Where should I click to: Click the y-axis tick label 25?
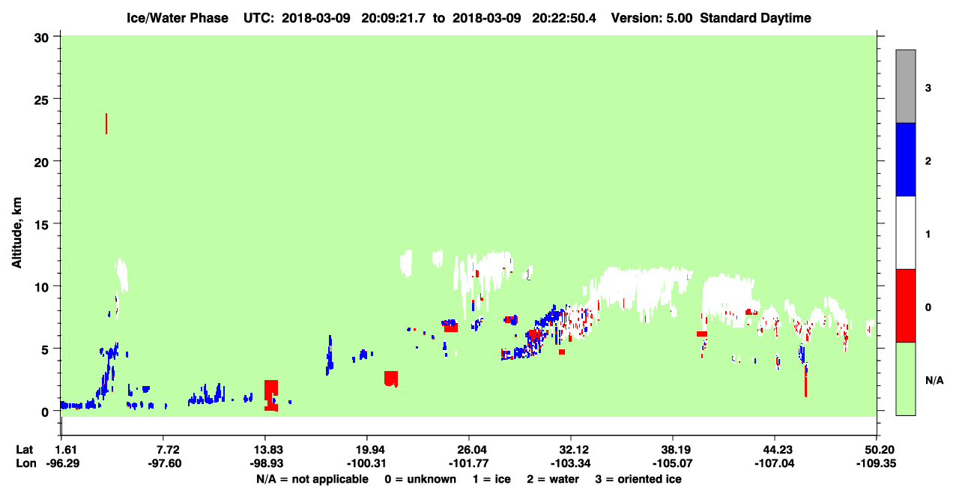click(41, 100)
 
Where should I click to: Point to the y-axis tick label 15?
click(41, 225)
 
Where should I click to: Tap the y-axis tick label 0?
click(45, 412)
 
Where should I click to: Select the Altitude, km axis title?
click(16, 233)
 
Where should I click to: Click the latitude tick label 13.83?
click(268, 450)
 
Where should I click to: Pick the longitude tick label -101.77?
click(469, 463)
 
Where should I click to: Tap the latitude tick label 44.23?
click(775, 450)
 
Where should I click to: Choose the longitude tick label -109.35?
click(876, 463)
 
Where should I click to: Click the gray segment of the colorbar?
click(905, 86)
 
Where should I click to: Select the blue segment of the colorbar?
click(905, 159)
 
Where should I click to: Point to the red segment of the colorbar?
click(905, 306)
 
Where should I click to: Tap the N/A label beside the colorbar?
click(934, 381)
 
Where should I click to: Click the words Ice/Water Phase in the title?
click(178, 18)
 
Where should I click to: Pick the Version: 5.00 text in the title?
click(651, 18)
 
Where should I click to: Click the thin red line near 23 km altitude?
click(106, 124)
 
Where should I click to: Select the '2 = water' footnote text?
click(553, 479)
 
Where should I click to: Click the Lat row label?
click(24, 450)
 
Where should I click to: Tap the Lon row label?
click(26, 463)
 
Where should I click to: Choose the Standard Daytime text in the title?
click(755, 18)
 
